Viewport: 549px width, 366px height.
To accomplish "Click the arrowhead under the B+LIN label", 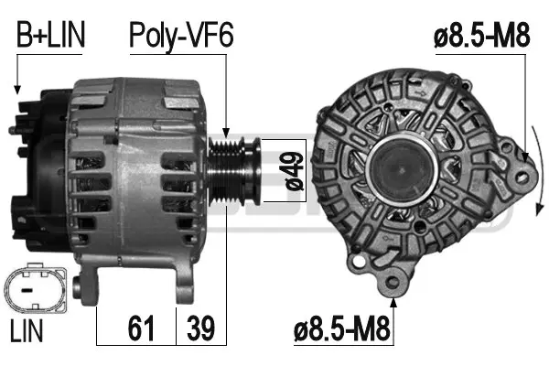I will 16,90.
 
